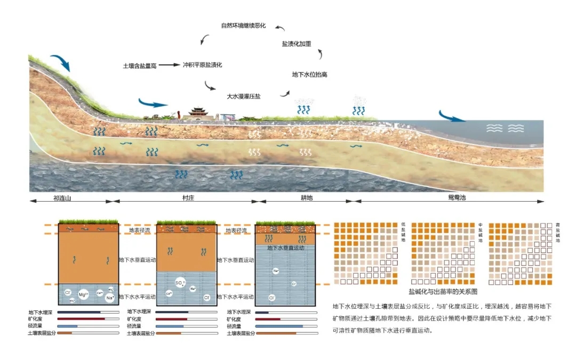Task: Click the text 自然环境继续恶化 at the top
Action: tap(243, 26)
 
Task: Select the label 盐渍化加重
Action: tap(297, 44)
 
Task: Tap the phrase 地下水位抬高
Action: tap(310, 75)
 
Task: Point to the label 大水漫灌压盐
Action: tap(244, 97)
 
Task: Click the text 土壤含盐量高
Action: tap(139, 65)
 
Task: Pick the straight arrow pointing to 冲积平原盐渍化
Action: tap(170, 65)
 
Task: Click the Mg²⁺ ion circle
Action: tap(83, 294)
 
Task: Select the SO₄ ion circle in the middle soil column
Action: tap(180, 283)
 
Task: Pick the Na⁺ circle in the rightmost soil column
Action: tap(276, 271)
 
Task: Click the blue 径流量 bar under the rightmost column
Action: tap(279, 326)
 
